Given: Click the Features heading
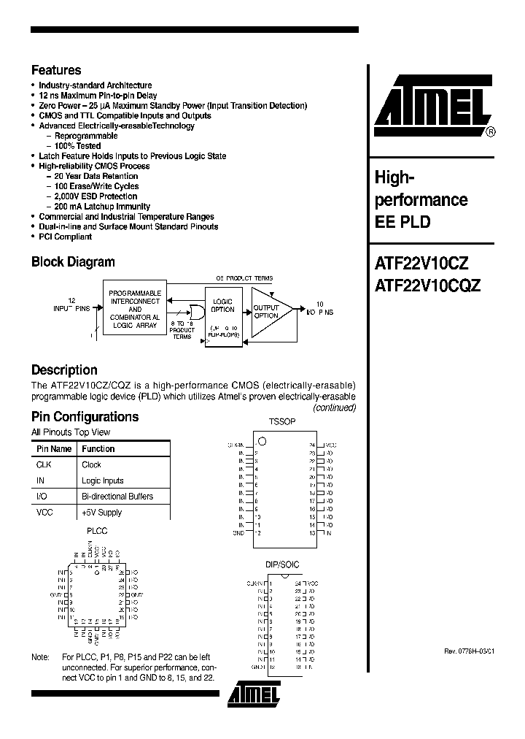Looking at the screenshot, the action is [56, 71].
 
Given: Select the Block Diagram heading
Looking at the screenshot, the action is [73, 262].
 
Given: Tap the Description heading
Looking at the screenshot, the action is [64, 370].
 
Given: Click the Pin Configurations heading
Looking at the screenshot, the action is [85, 417].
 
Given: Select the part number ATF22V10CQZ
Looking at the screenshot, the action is [427, 287].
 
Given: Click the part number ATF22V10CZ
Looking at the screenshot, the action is [421, 265].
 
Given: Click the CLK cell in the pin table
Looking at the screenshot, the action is [44, 464].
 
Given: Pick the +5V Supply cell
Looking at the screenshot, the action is [102, 513].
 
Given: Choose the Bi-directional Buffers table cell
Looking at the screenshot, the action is [117, 497].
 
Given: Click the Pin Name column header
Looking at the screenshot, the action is [55, 449].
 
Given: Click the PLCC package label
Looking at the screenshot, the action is [96, 531].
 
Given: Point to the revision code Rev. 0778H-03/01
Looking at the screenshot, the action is [469, 651].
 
